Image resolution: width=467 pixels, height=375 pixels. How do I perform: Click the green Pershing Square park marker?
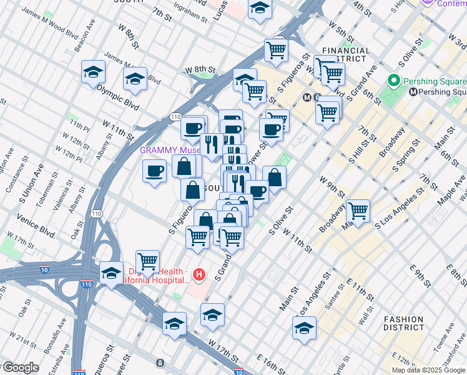pos(394,81)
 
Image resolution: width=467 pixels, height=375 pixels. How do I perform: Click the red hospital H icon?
pos(199,274)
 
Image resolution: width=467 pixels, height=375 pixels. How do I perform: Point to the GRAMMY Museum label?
pos(169,151)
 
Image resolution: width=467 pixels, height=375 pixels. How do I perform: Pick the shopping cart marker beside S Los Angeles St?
pos(358,211)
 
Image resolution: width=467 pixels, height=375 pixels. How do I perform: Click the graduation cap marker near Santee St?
pos(304,327)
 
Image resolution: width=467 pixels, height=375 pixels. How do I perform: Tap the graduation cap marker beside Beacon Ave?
pos(93,71)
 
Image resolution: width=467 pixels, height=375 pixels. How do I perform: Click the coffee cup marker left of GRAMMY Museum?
pos(154,171)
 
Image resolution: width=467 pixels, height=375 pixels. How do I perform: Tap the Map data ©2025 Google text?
pos(428,370)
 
